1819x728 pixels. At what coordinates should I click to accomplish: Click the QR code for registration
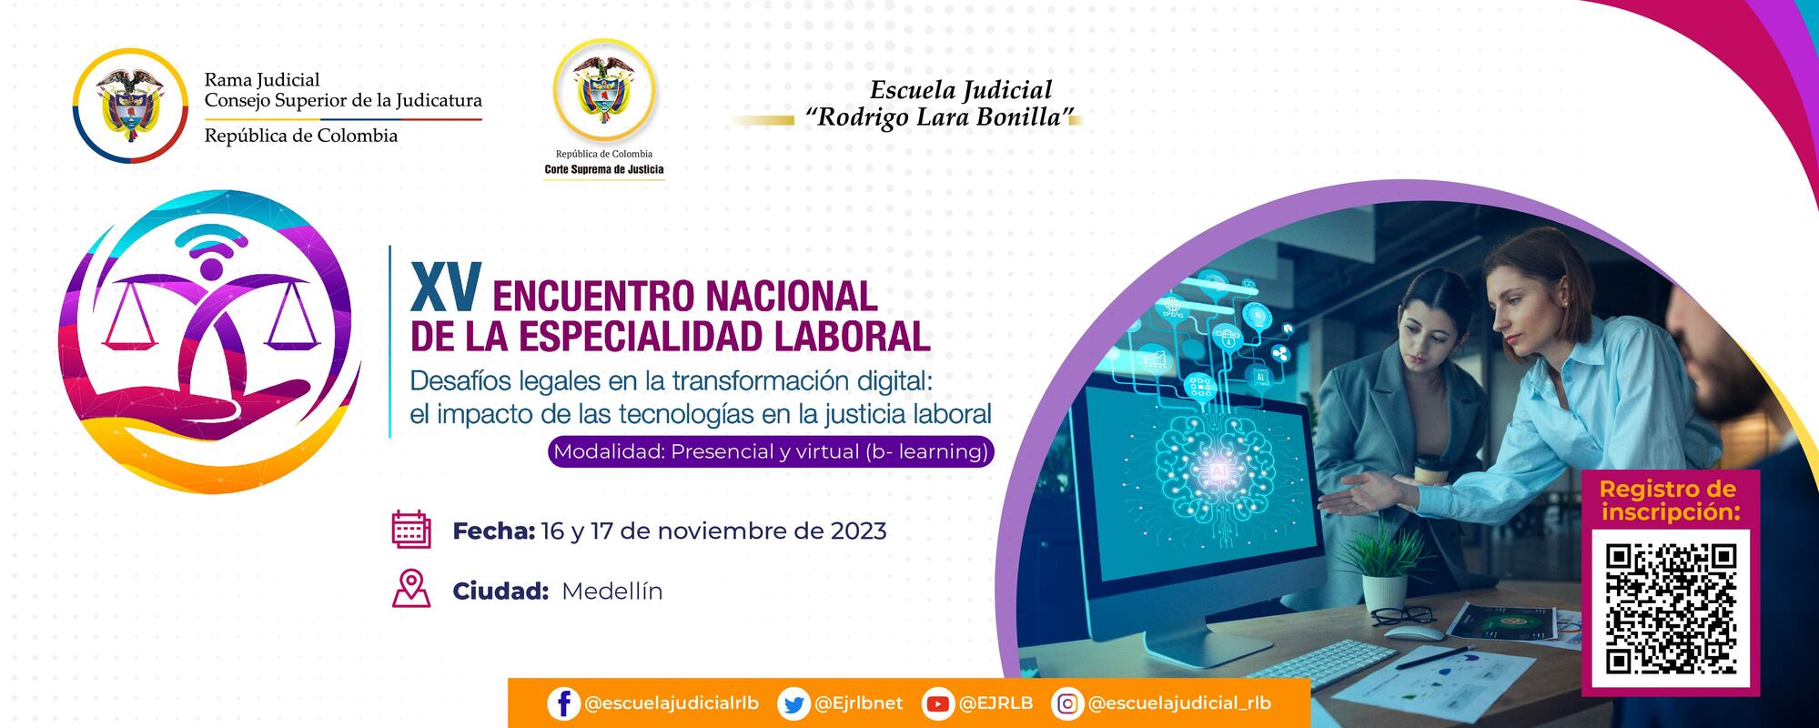1670,608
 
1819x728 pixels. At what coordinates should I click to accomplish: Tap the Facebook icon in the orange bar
563,703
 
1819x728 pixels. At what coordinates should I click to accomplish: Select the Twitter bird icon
794,703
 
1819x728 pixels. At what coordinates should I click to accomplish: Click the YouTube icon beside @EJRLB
937,703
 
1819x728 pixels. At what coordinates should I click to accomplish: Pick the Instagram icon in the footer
1067,703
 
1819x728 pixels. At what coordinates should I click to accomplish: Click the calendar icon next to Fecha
411,530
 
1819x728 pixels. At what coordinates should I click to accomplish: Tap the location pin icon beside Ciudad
411,589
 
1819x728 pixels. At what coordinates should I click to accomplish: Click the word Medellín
611,591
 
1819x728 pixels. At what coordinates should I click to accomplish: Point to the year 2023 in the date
858,531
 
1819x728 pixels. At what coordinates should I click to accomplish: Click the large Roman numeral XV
446,289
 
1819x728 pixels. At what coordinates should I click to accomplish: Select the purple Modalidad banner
771,451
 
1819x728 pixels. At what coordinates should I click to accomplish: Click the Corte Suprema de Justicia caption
604,169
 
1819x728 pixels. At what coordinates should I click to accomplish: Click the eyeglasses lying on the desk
1402,616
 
